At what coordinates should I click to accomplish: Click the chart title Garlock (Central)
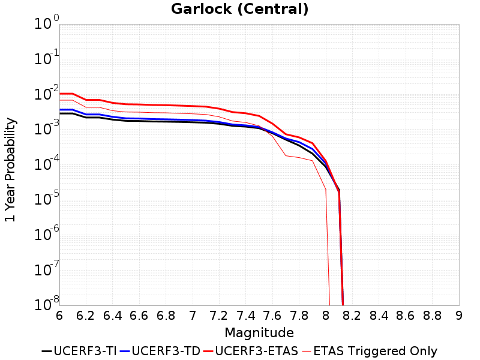coord(240,9)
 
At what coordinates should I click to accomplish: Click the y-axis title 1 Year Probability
coord(10,170)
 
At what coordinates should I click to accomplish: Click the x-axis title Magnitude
coord(259,332)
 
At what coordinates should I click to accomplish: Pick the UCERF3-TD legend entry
coord(160,351)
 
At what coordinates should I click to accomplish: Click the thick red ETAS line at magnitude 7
coord(193,106)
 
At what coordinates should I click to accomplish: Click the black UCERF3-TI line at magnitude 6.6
coord(139,121)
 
